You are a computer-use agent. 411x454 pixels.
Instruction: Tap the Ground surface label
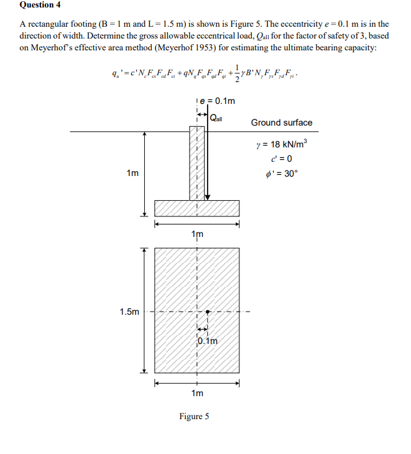coord(282,123)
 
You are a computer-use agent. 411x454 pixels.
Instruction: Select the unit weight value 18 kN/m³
coord(282,144)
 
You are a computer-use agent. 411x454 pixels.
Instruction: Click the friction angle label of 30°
coord(281,173)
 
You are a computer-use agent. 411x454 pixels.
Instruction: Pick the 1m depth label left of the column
coord(132,173)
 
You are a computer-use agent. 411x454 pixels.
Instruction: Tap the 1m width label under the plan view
coord(197,393)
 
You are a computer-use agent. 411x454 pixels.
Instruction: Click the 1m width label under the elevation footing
coord(197,234)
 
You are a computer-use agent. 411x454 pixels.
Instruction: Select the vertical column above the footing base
coord(196,164)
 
